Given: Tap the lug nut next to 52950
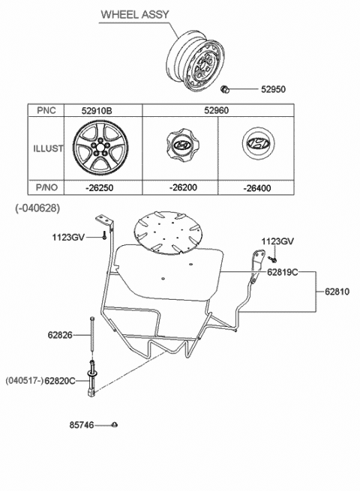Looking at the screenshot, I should tap(226, 91).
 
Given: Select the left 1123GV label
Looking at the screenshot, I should tap(69, 237).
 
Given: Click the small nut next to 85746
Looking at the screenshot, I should tap(114, 426).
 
